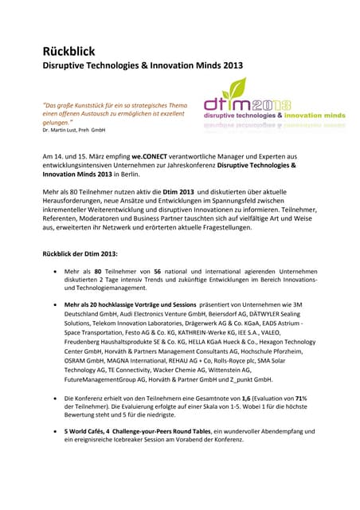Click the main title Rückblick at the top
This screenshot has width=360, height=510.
(x=71, y=53)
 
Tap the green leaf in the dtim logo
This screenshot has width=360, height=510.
(x=226, y=85)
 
